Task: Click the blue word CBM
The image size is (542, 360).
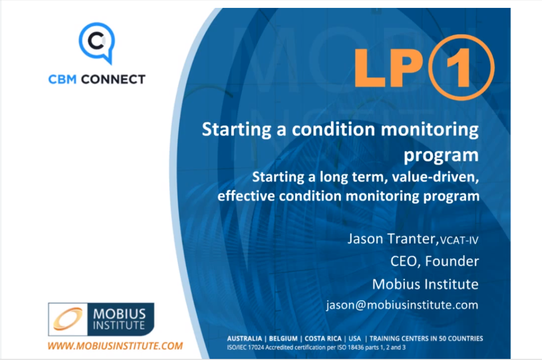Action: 62,79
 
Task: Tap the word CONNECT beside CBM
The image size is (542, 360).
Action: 113,79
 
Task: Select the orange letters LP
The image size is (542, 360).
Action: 389,67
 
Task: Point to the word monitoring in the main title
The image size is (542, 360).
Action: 430,130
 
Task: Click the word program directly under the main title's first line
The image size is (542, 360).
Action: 441,156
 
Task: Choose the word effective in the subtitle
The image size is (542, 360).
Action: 246,196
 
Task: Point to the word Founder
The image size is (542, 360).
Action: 452,261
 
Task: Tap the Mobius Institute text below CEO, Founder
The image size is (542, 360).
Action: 425,284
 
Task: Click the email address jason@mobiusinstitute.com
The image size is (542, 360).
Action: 402,305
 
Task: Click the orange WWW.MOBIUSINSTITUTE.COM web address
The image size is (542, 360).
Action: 115,346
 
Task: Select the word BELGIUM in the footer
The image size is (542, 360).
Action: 283,338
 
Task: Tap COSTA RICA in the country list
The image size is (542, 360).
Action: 323,338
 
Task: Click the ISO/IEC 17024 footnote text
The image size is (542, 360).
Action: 316,347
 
